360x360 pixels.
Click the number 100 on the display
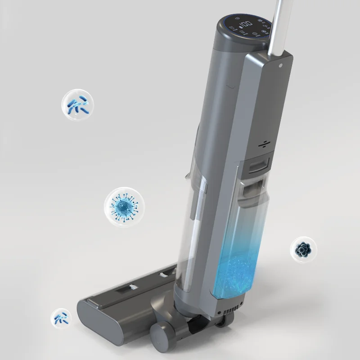click(245, 25)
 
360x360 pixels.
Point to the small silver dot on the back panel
click(281, 65)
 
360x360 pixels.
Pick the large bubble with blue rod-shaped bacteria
click(78, 104)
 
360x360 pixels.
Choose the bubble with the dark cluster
click(302, 249)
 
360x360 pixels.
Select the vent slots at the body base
click(230, 310)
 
